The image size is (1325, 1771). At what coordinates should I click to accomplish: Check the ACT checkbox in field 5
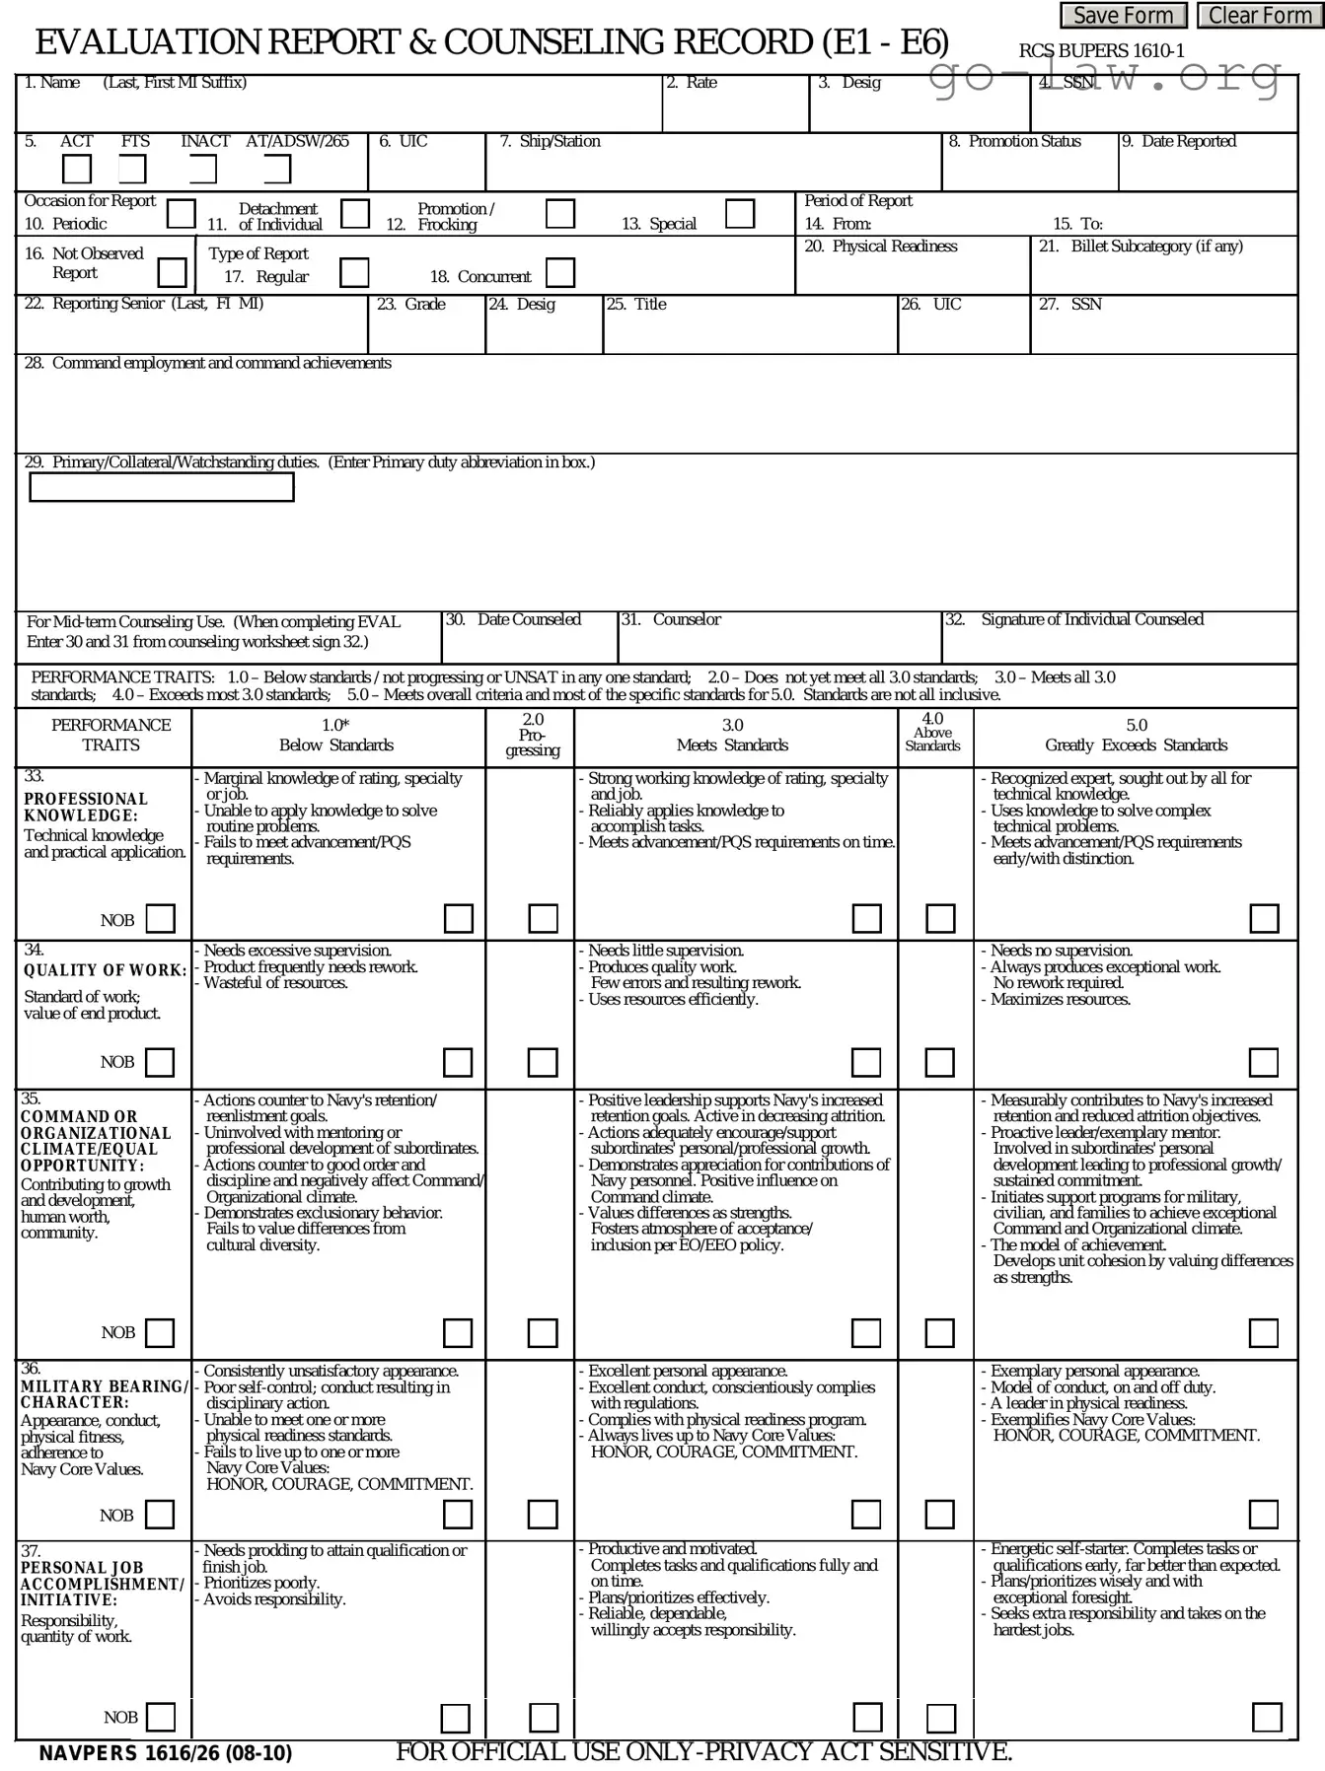pyautogui.click(x=77, y=170)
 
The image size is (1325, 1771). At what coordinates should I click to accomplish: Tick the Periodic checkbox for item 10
pyautogui.click(x=182, y=214)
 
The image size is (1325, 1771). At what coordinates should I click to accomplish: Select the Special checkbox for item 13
pyautogui.click(x=739, y=214)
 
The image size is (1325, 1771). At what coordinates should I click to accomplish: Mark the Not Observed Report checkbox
pyautogui.click(x=173, y=272)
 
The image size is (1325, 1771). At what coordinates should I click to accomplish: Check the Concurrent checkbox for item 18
pyautogui.click(x=559, y=272)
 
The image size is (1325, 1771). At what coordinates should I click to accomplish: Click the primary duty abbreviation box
pyautogui.click(x=162, y=487)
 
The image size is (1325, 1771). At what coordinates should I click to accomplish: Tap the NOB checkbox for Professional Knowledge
pyautogui.click(x=161, y=919)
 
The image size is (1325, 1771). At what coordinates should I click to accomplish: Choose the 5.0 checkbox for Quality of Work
pyautogui.click(x=1263, y=1062)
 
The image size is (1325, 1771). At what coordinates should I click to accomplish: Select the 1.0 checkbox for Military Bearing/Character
pyautogui.click(x=457, y=1514)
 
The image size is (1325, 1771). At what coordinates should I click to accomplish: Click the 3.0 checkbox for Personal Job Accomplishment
pyautogui.click(x=867, y=1717)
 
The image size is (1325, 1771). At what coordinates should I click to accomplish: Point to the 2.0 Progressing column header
pyautogui.click(x=533, y=736)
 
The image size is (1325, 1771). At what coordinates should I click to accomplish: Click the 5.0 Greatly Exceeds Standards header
pyautogui.click(x=1136, y=736)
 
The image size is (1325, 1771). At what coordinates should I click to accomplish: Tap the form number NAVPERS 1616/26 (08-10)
pyautogui.click(x=166, y=1753)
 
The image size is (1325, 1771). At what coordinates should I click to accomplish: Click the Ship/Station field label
pyautogui.click(x=550, y=142)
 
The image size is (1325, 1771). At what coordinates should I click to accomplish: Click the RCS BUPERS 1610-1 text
pyautogui.click(x=1101, y=51)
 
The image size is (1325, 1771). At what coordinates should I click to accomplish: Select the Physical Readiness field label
pyautogui.click(x=881, y=247)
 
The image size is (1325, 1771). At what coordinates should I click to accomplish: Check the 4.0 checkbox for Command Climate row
pyautogui.click(x=939, y=1333)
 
